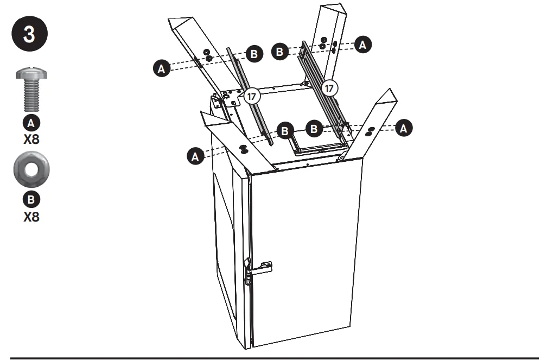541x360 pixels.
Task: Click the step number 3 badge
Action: (29, 34)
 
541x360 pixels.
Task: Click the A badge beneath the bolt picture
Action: (31, 122)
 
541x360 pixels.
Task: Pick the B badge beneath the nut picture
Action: (31, 200)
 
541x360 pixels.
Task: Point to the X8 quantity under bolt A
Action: (31, 138)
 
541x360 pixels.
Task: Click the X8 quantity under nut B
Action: (31, 217)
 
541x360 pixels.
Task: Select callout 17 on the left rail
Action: (251, 96)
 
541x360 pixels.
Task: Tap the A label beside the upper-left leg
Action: (161, 68)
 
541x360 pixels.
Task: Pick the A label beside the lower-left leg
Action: (195, 157)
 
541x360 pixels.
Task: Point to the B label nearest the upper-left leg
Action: (254, 54)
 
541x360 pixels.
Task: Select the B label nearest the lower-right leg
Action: (314, 129)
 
